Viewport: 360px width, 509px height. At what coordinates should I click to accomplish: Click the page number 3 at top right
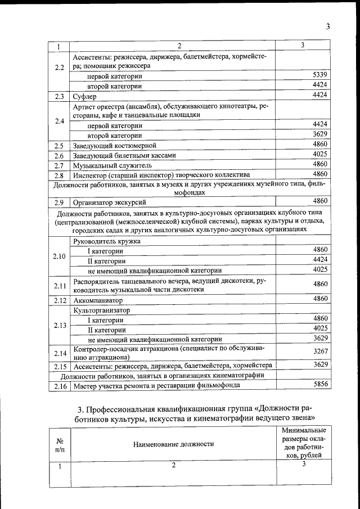327,26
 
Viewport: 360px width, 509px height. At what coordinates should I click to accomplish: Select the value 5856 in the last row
319,385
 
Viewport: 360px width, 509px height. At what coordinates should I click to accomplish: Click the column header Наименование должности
173,444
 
